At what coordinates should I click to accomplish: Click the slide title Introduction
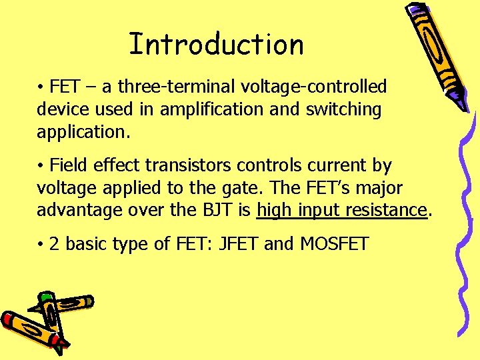coord(216,45)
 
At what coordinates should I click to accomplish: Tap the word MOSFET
coord(334,244)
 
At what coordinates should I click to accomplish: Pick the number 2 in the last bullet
coord(54,244)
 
